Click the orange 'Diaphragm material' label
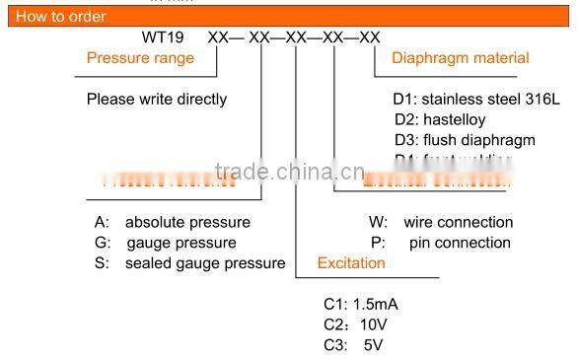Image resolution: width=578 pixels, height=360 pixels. click(461, 58)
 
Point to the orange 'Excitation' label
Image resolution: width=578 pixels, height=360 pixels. click(351, 263)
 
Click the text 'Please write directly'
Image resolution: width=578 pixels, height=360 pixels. click(157, 99)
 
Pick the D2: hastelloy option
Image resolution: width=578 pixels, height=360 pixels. click(438, 119)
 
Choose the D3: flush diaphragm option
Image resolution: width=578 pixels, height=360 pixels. click(464, 140)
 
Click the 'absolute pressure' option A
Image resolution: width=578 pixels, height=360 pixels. click(173, 222)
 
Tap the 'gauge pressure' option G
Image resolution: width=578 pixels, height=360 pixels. click(166, 243)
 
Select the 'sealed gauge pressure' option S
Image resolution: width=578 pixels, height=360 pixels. click(189, 263)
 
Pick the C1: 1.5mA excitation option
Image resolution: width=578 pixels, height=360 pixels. click(361, 304)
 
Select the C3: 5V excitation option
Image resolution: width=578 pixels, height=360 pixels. click(352, 345)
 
